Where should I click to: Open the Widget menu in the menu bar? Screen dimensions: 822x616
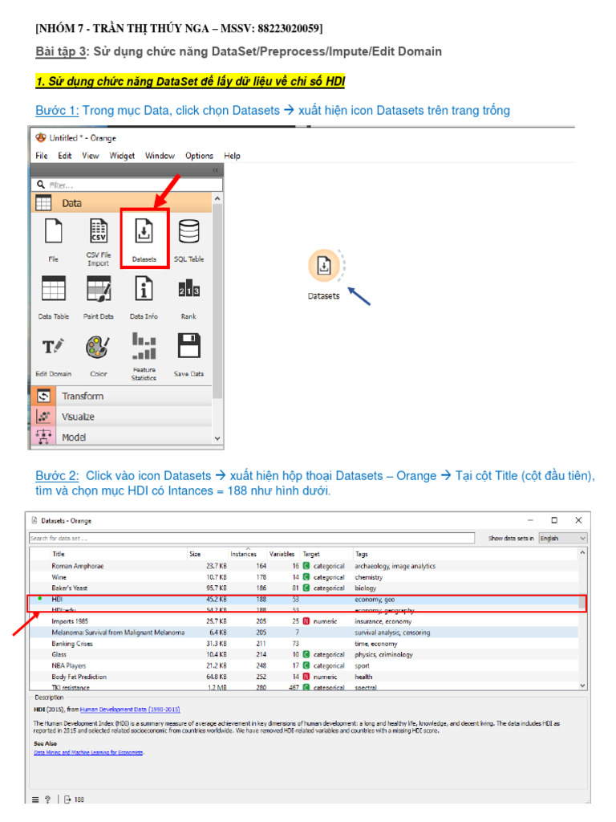click(122, 156)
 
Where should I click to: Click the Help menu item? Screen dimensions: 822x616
click(232, 156)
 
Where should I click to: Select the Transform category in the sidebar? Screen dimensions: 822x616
click(83, 396)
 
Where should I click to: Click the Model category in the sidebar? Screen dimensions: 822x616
click(74, 437)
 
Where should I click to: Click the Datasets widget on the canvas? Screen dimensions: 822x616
click(323, 267)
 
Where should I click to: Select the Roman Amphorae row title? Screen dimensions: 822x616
click(78, 566)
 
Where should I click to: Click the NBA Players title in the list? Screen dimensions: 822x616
click(68, 665)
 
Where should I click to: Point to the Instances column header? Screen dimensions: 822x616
click(244, 554)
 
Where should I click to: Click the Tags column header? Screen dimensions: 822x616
click(362, 554)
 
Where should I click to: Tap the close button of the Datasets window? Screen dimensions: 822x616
click(578, 520)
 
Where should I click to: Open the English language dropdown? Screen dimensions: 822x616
click(562, 538)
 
